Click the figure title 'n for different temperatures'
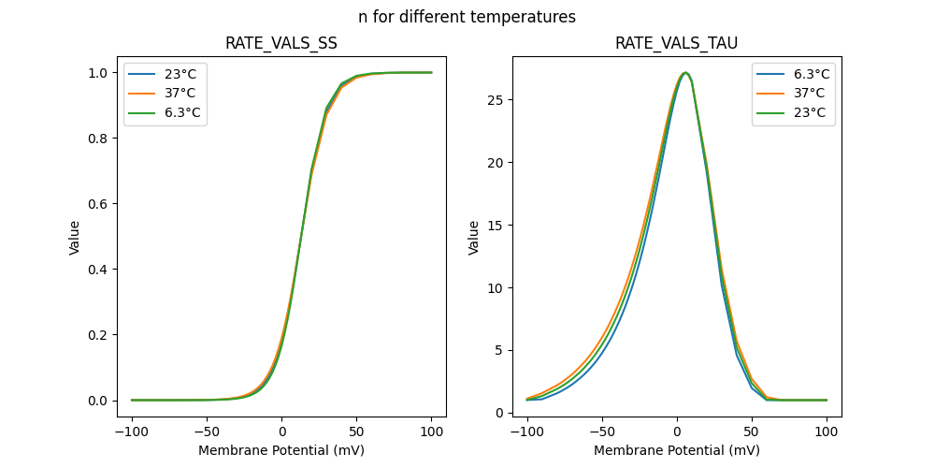(467, 17)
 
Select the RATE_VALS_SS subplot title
(281, 44)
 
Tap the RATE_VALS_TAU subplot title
(676, 44)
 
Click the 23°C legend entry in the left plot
(165, 74)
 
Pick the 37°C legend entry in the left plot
(165, 94)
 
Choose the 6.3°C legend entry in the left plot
(165, 113)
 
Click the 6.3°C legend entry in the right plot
(794, 74)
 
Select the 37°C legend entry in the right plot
(794, 94)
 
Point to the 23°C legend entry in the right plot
(794, 113)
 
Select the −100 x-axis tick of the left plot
(132, 432)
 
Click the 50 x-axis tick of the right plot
(752, 432)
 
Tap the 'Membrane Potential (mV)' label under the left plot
(281, 450)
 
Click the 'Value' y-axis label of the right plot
(474, 237)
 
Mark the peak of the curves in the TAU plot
(685, 72)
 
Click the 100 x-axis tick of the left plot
(431, 432)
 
